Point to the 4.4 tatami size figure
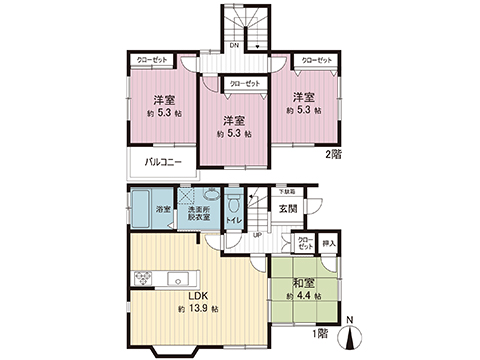coord(304,297)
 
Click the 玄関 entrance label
coord(287,208)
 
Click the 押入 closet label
coord(330,242)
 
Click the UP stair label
coord(257,235)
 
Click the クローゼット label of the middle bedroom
coord(244,84)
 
